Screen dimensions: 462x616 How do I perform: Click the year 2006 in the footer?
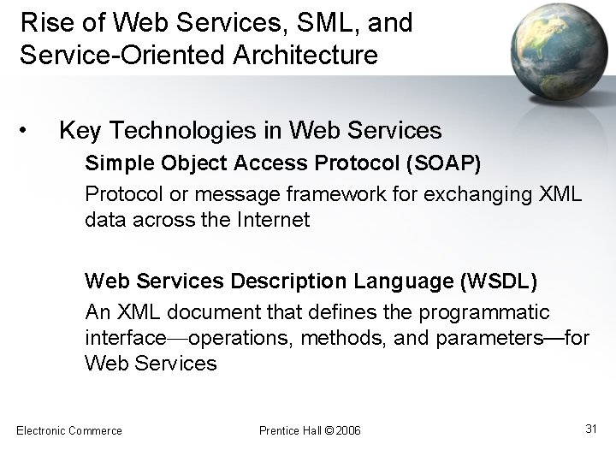[348, 430]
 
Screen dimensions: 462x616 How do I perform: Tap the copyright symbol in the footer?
[329, 430]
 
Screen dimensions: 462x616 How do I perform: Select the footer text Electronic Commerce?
[69, 430]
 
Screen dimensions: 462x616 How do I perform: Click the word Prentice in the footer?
[279, 430]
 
